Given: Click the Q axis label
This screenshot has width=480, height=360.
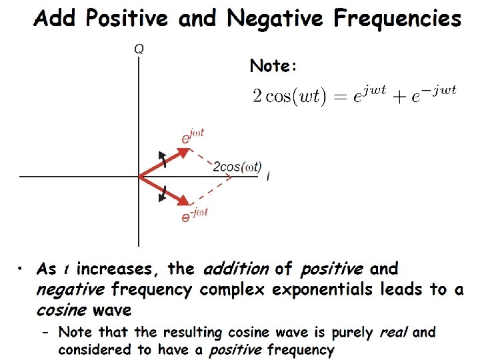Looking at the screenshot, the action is pos(139,49).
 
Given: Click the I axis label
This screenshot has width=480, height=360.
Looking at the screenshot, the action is pos(267,177).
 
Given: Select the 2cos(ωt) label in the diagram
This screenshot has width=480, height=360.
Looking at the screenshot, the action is pos(237,166).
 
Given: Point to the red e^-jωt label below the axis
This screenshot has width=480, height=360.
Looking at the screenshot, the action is pos(195,215).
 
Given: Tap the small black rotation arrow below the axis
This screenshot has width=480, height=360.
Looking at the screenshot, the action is pos(162,193).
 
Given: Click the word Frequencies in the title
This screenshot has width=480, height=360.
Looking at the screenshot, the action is pos(397,18).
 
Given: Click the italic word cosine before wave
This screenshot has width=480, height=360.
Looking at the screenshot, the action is pos(61,310).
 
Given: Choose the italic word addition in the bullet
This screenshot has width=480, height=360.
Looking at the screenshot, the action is pos(237,269).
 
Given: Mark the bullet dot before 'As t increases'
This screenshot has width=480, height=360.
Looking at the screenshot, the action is pos(21,269).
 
